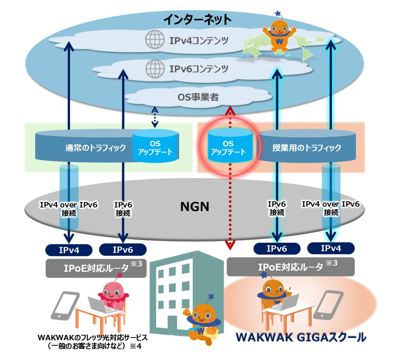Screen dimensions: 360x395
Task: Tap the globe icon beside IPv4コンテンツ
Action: point(153,40)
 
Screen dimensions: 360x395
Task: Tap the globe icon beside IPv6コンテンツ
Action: point(153,69)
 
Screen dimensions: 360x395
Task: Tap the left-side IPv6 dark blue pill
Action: point(123,250)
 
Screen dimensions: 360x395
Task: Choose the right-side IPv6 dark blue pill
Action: point(277,249)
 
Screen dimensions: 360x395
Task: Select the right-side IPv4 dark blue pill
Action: point(330,248)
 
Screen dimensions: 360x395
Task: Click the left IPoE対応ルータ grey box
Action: point(96,268)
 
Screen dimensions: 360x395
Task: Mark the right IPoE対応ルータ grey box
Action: point(290,267)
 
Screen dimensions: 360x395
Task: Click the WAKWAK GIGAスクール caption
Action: point(301,337)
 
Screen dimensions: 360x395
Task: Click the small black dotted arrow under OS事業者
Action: point(154,118)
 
